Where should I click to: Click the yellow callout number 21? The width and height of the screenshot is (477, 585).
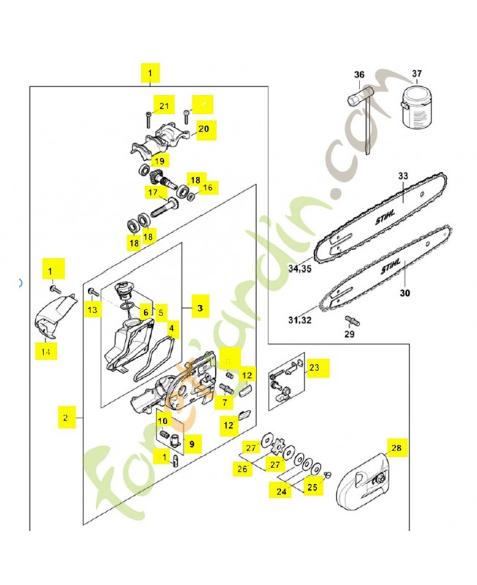pyautogui.click(x=163, y=106)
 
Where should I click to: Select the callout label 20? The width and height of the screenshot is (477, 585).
pyautogui.click(x=203, y=129)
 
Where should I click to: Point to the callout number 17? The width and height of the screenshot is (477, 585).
pyautogui.click(x=153, y=193)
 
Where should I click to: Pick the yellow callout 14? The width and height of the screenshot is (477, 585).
pyautogui.click(x=45, y=352)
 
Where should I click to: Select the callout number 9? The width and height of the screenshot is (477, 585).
pyautogui.click(x=192, y=443)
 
